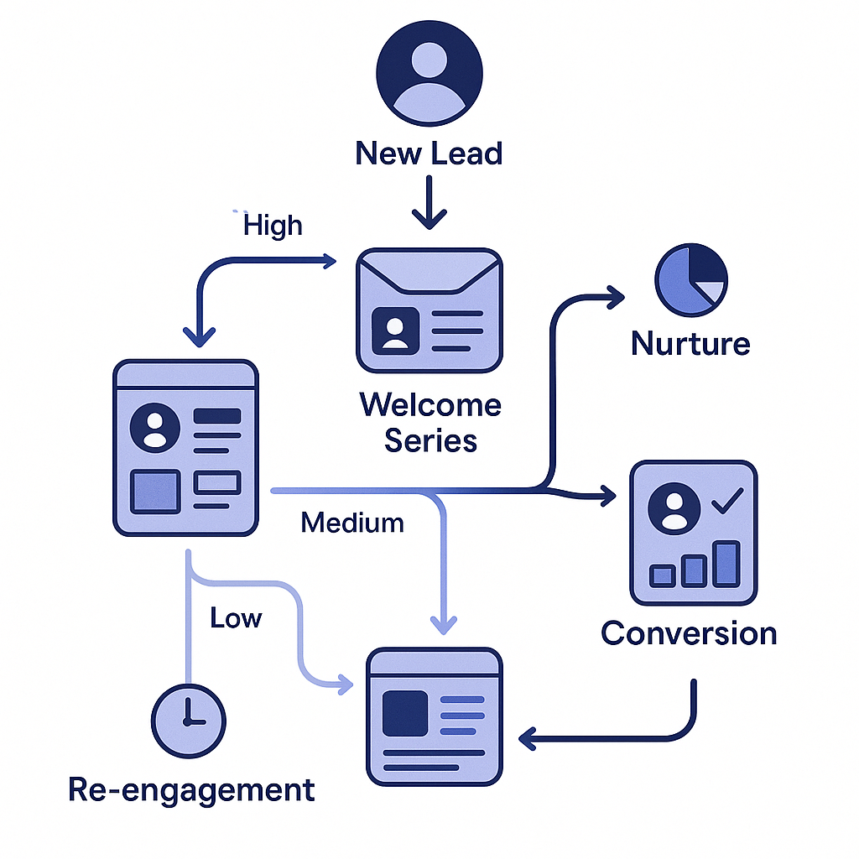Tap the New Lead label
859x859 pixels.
pyautogui.click(x=429, y=154)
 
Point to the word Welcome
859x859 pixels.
pyautogui.click(x=430, y=405)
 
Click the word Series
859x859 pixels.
pyautogui.click(x=430, y=440)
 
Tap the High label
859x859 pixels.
pyautogui.click(x=273, y=225)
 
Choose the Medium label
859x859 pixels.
pyautogui.click(x=352, y=523)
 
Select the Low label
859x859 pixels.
pyautogui.click(x=236, y=618)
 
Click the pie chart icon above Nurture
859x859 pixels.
pyautogui.click(x=690, y=280)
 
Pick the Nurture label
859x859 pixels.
pyautogui.click(x=690, y=344)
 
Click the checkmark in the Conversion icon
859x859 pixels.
pyautogui.click(x=726, y=503)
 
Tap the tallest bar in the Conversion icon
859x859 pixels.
pyautogui.click(x=726, y=564)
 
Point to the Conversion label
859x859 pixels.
pyautogui.click(x=689, y=633)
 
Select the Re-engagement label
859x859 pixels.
pyautogui.click(x=191, y=789)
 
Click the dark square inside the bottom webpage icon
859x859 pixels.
pyautogui.click(x=405, y=713)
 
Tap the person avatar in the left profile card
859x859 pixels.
pyautogui.click(x=155, y=428)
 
